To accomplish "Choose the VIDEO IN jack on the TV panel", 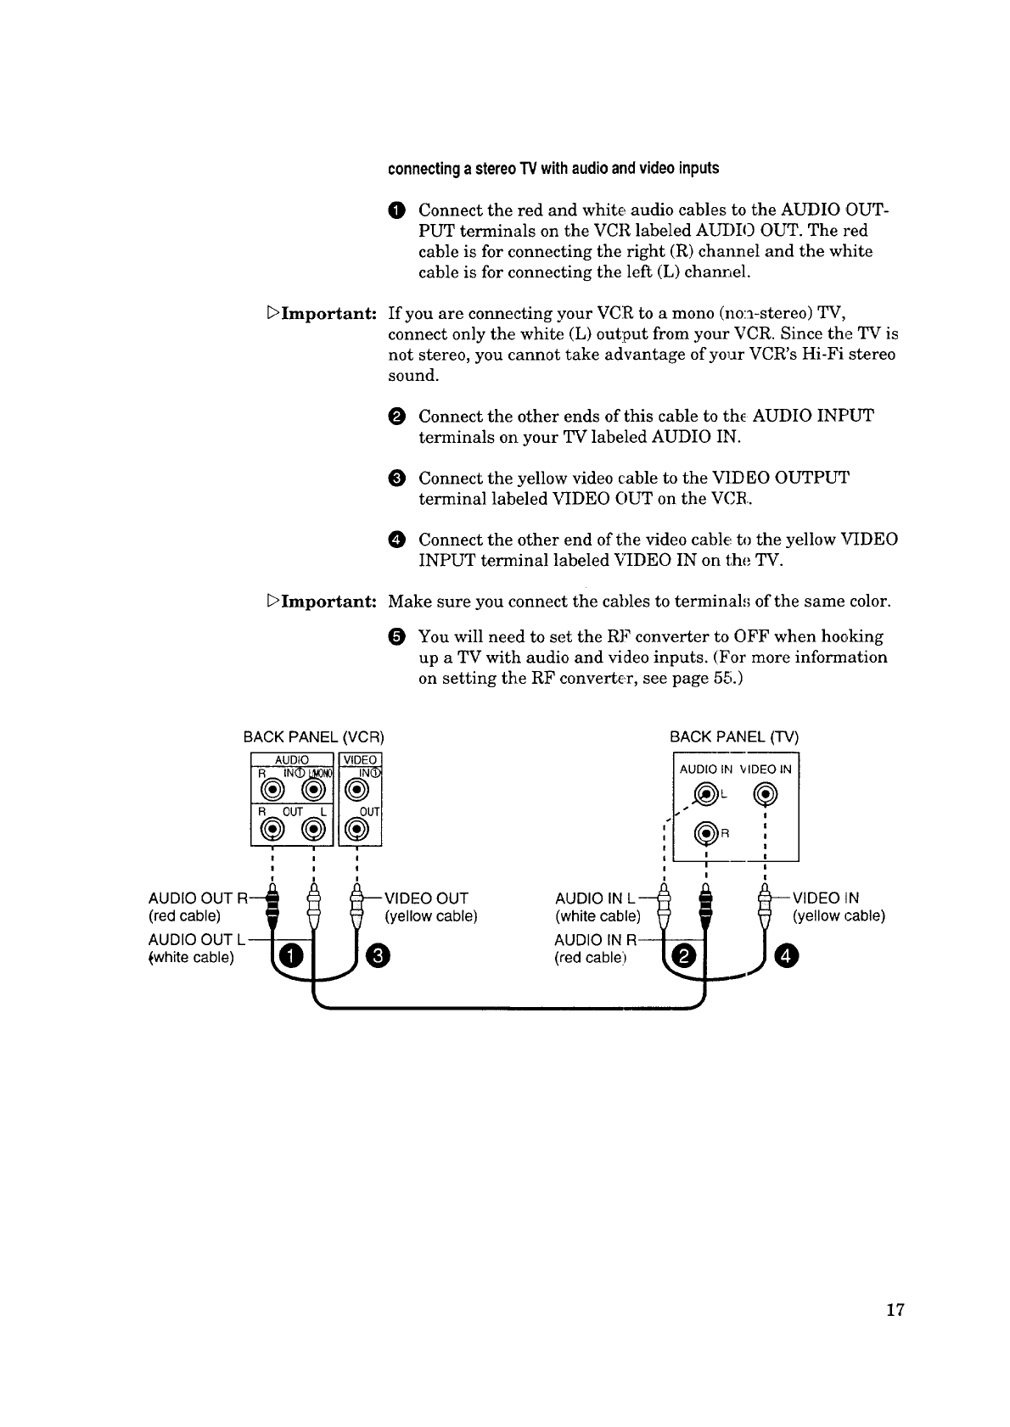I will (x=766, y=794).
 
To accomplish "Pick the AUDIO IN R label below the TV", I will (x=595, y=940).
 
